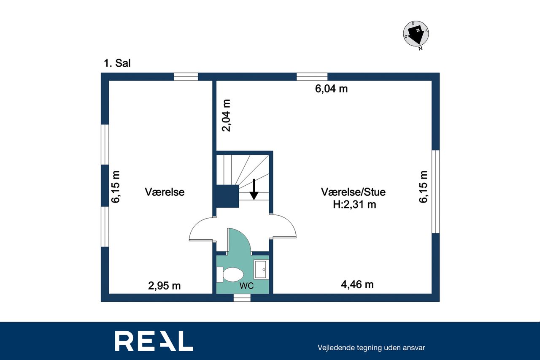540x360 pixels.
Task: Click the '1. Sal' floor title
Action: coord(117,63)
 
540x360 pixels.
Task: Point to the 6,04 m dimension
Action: coord(331,89)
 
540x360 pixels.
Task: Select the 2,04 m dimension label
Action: coord(227,115)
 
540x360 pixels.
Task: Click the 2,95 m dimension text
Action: coord(164,286)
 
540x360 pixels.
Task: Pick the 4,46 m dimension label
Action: coord(357,285)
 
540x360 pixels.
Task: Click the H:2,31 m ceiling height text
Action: coord(354,205)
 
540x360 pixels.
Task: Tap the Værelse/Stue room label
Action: coord(353,192)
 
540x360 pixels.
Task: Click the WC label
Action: coord(246,286)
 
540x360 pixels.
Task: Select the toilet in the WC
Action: coord(230,275)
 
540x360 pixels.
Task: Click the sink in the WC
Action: coord(261,269)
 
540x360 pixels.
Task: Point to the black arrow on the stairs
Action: coord(254,189)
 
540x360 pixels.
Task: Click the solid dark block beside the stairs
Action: coord(227,196)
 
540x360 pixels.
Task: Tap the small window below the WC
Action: coord(242,298)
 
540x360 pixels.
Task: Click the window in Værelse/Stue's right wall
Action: coord(436,192)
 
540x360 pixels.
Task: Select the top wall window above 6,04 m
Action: coord(312,77)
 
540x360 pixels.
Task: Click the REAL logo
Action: coord(154,341)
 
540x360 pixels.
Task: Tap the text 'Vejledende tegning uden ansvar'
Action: coord(371,348)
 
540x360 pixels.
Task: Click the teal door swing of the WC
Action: coord(239,241)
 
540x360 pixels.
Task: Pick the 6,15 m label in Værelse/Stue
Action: coord(423,187)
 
